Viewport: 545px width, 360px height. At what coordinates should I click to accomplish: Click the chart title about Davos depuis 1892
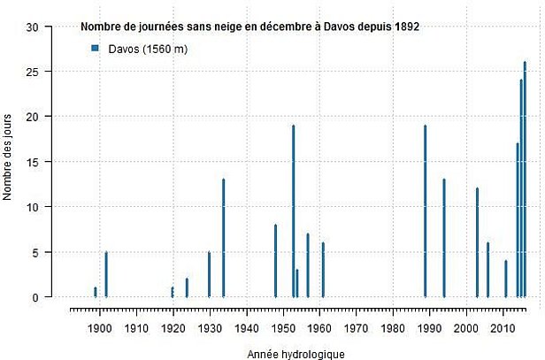(x=249, y=28)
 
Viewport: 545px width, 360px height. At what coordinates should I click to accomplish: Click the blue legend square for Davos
(x=95, y=49)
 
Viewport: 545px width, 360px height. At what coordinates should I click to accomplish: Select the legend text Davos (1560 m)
(x=148, y=49)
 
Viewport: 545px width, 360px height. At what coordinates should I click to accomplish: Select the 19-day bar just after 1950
(x=294, y=211)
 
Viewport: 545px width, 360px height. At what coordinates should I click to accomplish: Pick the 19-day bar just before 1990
(x=426, y=211)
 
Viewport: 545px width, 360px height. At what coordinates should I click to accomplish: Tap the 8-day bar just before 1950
(x=275, y=261)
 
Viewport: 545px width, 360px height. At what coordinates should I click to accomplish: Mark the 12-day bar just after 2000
(x=477, y=243)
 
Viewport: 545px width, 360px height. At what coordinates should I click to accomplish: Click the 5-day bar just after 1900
(x=106, y=275)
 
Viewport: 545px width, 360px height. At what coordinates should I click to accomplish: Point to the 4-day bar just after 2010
(x=506, y=280)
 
